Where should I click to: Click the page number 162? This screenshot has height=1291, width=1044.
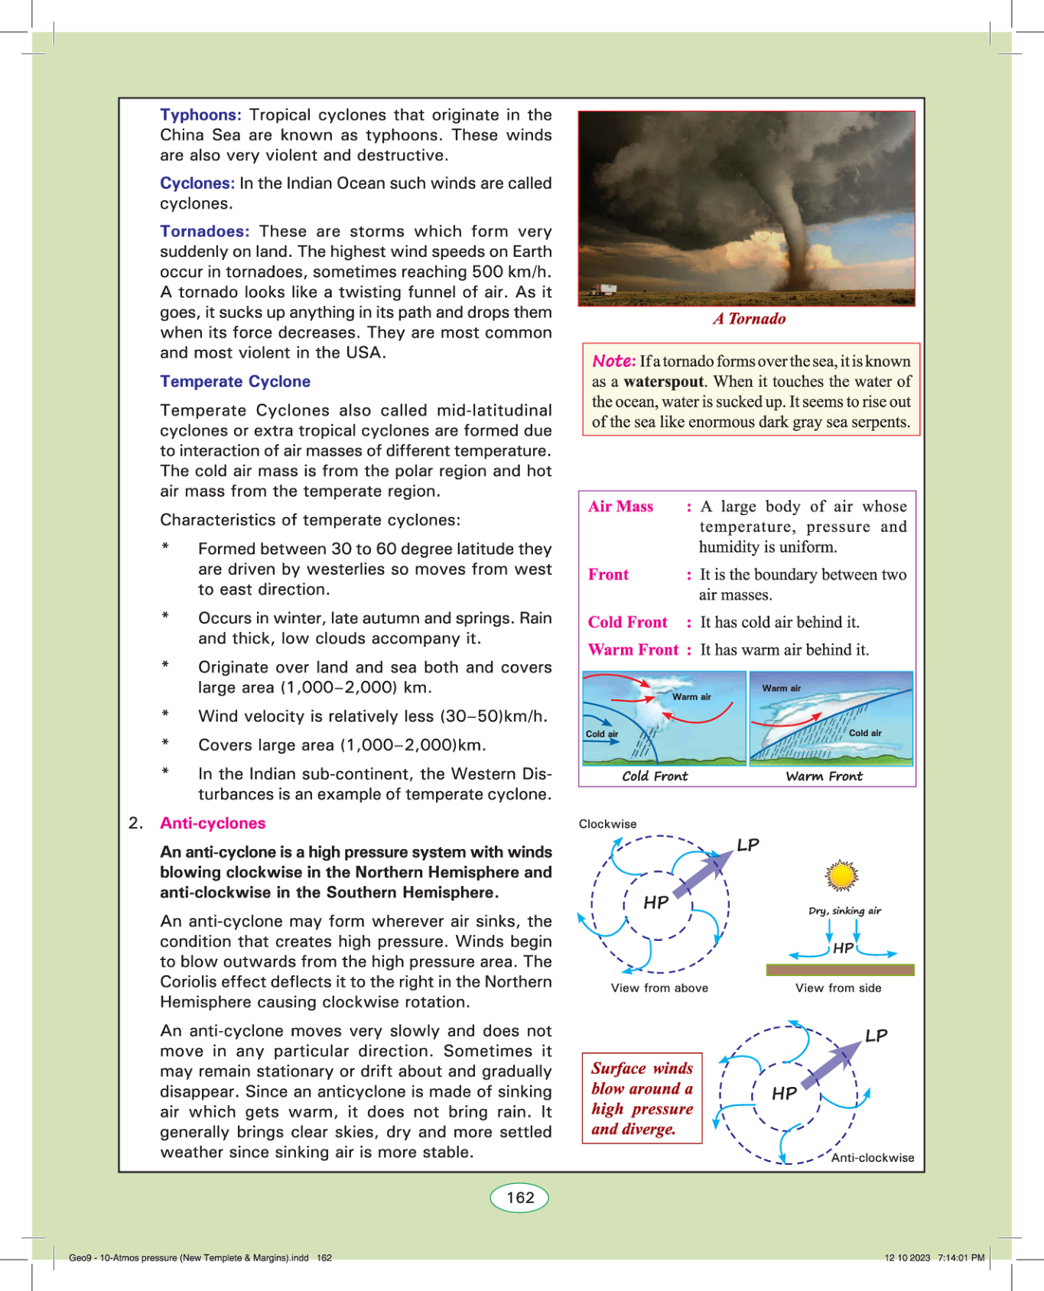click(x=520, y=1198)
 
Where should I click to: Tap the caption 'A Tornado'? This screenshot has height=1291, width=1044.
click(x=749, y=319)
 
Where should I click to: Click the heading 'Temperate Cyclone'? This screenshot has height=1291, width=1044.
click(x=235, y=381)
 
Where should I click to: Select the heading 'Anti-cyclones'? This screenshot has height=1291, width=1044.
click(x=213, y=823)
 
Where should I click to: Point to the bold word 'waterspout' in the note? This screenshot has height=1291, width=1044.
click(x=663, y=381)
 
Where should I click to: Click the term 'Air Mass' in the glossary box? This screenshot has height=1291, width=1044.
click(x=620, y=506)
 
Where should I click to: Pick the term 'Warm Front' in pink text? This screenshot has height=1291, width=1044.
click(x=633, y=650)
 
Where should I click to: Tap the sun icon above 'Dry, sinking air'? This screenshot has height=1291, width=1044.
click(x=841, y=876)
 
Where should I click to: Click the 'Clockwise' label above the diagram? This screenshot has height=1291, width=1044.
click(x=607, y=824)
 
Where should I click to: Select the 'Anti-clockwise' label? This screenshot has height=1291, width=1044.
click(x=873, y=1157)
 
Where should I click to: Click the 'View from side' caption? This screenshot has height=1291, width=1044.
click(x=838, y=988)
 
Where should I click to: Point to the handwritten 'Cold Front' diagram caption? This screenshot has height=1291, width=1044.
click(x=655, y=776)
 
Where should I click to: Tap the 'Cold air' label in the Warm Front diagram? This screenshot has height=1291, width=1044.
click(x=865, y=733)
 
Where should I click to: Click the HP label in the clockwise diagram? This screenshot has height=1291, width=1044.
click(x=656, y=903)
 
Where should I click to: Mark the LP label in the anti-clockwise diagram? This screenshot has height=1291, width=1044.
click(x=877, y=1036)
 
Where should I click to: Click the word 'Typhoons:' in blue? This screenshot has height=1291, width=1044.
click(x=200, y=115)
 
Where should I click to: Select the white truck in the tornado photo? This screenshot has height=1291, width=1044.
click(x=603, y=290)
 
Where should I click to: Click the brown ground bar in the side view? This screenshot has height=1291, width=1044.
click(x=840, y=970)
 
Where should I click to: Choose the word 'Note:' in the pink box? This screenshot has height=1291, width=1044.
click(x=614, y=361)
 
